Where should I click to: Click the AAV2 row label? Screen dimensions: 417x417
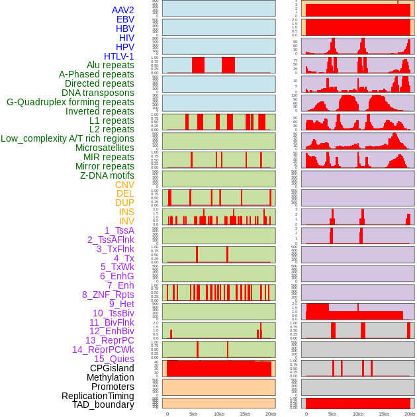click(122, 10)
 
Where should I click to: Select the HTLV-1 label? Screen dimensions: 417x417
click(119, 56)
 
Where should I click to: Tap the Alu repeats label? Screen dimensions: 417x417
click(110, 65)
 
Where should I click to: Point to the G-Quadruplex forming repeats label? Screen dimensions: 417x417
click(70, 102)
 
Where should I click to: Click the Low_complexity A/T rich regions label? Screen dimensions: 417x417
click(68, 138)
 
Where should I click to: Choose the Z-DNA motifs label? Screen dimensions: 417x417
click(107, 175)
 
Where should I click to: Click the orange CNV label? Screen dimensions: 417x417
click(124, 185)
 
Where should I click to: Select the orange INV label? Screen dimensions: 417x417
click(126, 221)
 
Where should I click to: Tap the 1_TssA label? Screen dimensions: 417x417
click(119, 230)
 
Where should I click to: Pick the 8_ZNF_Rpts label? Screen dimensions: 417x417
click(108, 295)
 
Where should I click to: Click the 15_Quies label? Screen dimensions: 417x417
click(114, 359)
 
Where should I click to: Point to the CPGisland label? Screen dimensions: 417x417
click(112, 368)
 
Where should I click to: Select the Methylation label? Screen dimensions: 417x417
click(111, 377)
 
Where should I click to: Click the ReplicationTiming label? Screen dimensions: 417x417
click(98, 396)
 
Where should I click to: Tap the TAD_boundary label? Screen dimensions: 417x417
click(103, 404)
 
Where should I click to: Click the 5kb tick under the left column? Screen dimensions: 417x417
click(193, 414)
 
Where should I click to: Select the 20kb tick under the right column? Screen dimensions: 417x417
click(409, 414)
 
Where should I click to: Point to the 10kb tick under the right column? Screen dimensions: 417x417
click(358, 414)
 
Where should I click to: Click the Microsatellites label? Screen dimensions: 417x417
click(105, 148)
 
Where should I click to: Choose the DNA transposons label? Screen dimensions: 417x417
click(98, 93)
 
